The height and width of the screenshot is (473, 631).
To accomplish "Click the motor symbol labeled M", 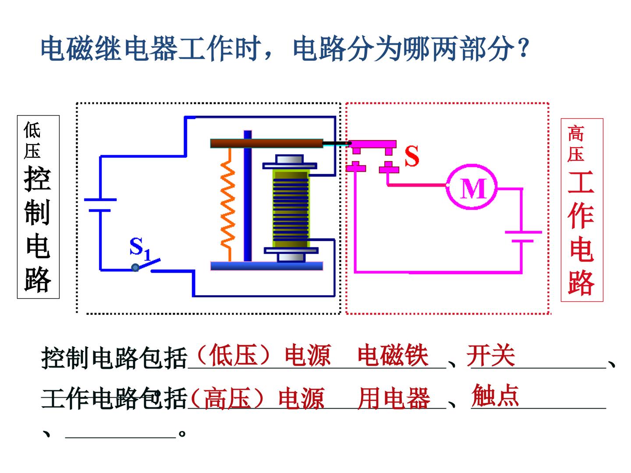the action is (x=471, y=187).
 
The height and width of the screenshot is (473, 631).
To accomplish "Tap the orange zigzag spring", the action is (x=228, y=205).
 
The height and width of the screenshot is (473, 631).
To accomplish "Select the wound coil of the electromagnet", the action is (x=291, y=209).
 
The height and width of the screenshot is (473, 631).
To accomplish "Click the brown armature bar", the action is (x=266, y=143).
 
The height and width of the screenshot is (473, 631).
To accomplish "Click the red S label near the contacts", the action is (x=411, y=155).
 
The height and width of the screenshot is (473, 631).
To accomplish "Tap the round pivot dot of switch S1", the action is (x=135, y=268).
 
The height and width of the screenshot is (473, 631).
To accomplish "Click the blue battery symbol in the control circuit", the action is (x=100, y=205).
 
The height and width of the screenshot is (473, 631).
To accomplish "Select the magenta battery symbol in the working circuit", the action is (x=523, y=236).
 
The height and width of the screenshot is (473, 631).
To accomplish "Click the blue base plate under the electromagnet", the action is (x=266, y=266).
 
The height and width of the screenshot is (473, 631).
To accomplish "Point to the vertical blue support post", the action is (x=248, y=196).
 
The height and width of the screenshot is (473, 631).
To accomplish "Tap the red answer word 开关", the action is (x=490, y=356).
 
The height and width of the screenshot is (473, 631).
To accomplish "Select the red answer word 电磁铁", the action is (x=393, y=356).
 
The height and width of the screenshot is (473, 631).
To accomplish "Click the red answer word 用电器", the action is (x=394, y=398).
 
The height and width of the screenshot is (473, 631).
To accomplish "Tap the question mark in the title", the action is (x=524, y=48).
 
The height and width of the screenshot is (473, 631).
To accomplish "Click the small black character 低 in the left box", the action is (x=32, y=130).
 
